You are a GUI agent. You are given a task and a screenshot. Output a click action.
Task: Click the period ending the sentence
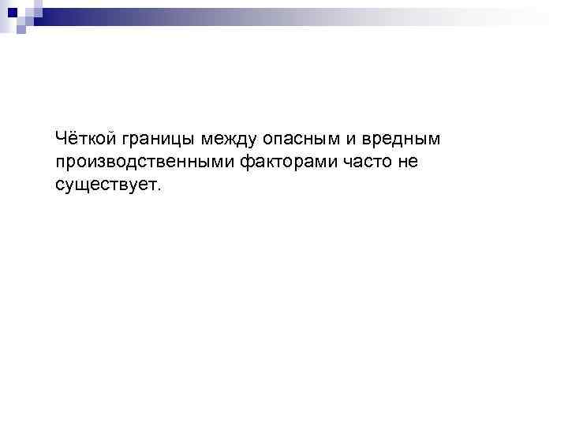[x=158, y=190]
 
